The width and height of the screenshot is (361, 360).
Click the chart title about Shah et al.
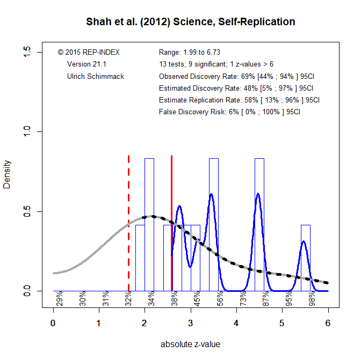coord(190,22)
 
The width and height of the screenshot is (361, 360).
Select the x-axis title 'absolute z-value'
coord(190,344)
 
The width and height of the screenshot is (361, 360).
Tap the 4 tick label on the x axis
coord(236,324)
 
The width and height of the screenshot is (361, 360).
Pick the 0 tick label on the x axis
coord(53,324)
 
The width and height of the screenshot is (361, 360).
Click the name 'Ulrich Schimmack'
coord(96,76)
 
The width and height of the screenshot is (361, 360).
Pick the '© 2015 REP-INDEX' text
coord(89,53)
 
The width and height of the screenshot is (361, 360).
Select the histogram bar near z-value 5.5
coord(306,258)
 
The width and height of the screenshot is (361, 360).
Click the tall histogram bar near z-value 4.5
coord(259,225)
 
